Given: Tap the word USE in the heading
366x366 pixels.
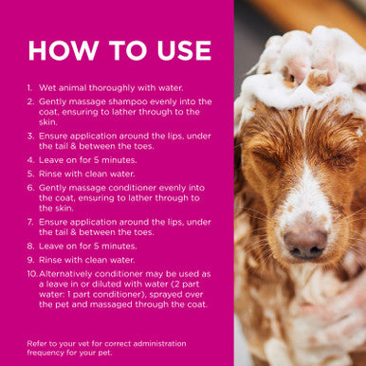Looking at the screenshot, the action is point(184,50).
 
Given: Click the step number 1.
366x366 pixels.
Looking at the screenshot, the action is point(29,88).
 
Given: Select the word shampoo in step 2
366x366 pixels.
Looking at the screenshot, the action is point(128,102).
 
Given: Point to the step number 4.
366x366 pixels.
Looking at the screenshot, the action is point(30,160).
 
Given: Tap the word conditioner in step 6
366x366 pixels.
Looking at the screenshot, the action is point(132,188).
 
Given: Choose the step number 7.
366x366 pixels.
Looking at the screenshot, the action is point(30,222).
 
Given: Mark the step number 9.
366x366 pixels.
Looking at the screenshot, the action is point(30,260).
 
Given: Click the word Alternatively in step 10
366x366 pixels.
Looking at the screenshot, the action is point(65,274).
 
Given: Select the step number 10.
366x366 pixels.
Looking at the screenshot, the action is point(32,274).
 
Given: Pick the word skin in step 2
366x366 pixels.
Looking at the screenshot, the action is point(47,122).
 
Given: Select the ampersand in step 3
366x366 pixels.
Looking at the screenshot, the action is point(73,146).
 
